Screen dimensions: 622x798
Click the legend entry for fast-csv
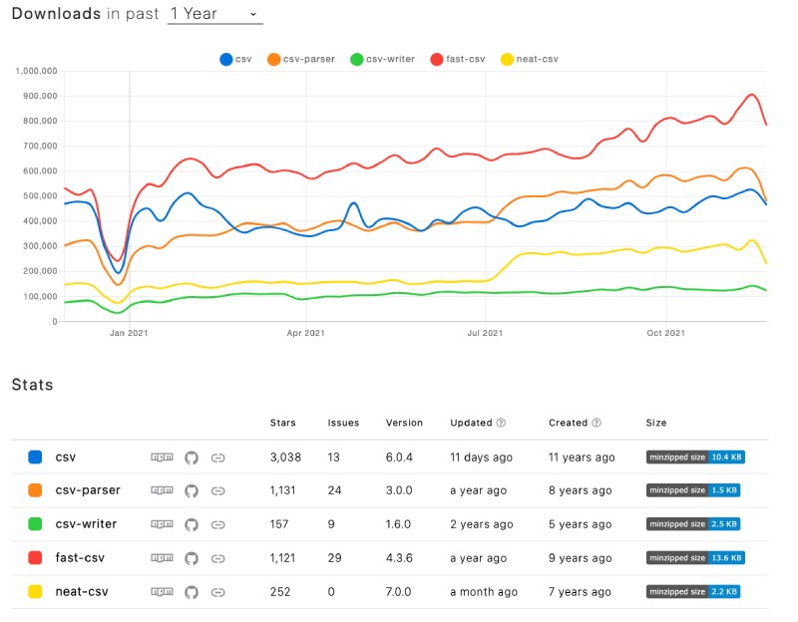coord(460,59)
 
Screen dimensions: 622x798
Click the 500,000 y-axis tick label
coord(37,196)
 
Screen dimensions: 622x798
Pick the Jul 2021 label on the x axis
coord(485,333)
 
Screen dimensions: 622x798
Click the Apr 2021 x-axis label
coord(306,333)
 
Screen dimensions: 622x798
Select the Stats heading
coord(33,385)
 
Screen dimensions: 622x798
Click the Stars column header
coord(283,423)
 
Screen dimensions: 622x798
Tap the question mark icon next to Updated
coord(501,423)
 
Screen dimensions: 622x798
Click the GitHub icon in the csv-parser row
coord(192,490)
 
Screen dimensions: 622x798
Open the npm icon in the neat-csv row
coord(162,592)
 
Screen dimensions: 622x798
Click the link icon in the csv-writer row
coord(218,524)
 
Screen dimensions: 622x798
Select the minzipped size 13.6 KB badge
coord(695,558)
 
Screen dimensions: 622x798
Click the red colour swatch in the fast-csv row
coord(35,558)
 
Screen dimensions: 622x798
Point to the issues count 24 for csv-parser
coord(335,490)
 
